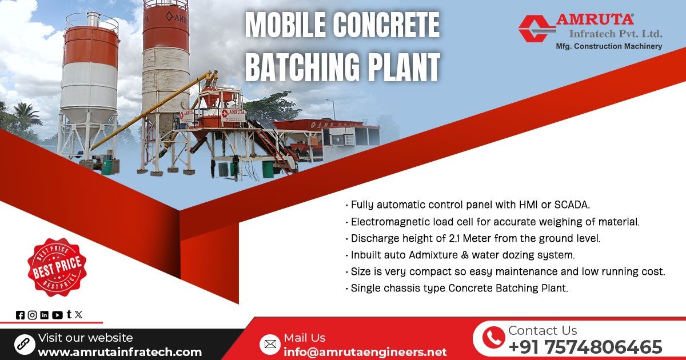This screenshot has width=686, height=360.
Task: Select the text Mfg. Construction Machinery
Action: (609, 46)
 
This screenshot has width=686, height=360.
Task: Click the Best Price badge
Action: (57, 267)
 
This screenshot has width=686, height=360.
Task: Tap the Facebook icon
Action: (21, 315)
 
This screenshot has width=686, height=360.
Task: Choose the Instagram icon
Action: (32, 315)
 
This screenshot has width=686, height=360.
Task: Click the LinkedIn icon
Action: (45, 315)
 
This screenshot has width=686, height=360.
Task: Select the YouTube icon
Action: (57, 315)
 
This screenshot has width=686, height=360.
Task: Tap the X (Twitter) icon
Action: (78, 314)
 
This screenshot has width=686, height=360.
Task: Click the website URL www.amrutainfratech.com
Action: (119, 352)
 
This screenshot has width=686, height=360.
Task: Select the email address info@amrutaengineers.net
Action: (365, 352)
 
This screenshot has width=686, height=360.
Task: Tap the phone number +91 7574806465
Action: (585, 347)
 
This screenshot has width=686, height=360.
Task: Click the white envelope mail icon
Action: (270, 344)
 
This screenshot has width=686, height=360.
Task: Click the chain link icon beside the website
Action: (24, 344)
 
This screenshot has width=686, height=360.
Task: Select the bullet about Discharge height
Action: (475, 238)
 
